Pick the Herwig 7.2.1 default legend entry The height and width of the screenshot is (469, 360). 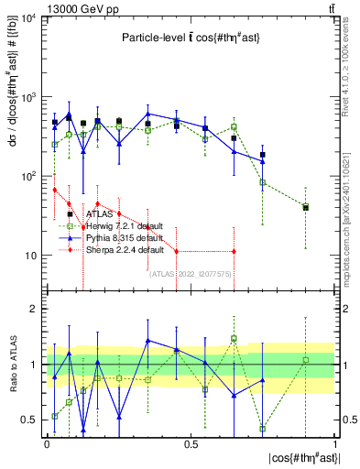tap(124, 225)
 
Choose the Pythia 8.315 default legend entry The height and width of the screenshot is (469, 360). tap(123, 237)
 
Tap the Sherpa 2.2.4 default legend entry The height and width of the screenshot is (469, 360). tap(124, 249)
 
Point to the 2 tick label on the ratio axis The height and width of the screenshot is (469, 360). tap(34, 310)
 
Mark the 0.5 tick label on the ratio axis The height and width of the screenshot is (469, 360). tap(29, 420)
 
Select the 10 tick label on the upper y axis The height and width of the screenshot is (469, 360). tap(28, 255)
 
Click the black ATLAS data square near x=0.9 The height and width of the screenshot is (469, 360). tap(306, 208)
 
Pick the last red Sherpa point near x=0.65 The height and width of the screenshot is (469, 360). tap(234, 251)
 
